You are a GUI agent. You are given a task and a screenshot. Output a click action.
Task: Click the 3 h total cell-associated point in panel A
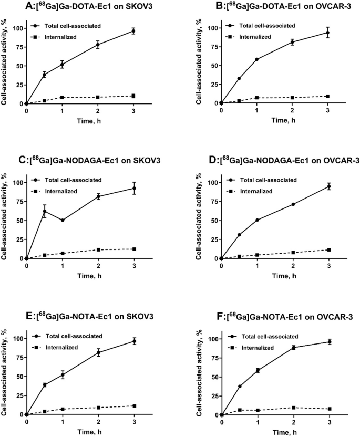(133, 31)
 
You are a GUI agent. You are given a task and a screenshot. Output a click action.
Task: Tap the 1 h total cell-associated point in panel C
(62, 220)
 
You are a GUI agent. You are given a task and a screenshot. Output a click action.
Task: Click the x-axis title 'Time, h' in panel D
(275, 276)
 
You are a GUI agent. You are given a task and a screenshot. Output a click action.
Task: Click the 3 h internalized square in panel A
(133, 96)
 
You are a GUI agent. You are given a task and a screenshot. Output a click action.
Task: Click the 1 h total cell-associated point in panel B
(257, 59)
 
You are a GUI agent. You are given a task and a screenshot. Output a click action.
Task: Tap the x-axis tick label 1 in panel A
(62, 112)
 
